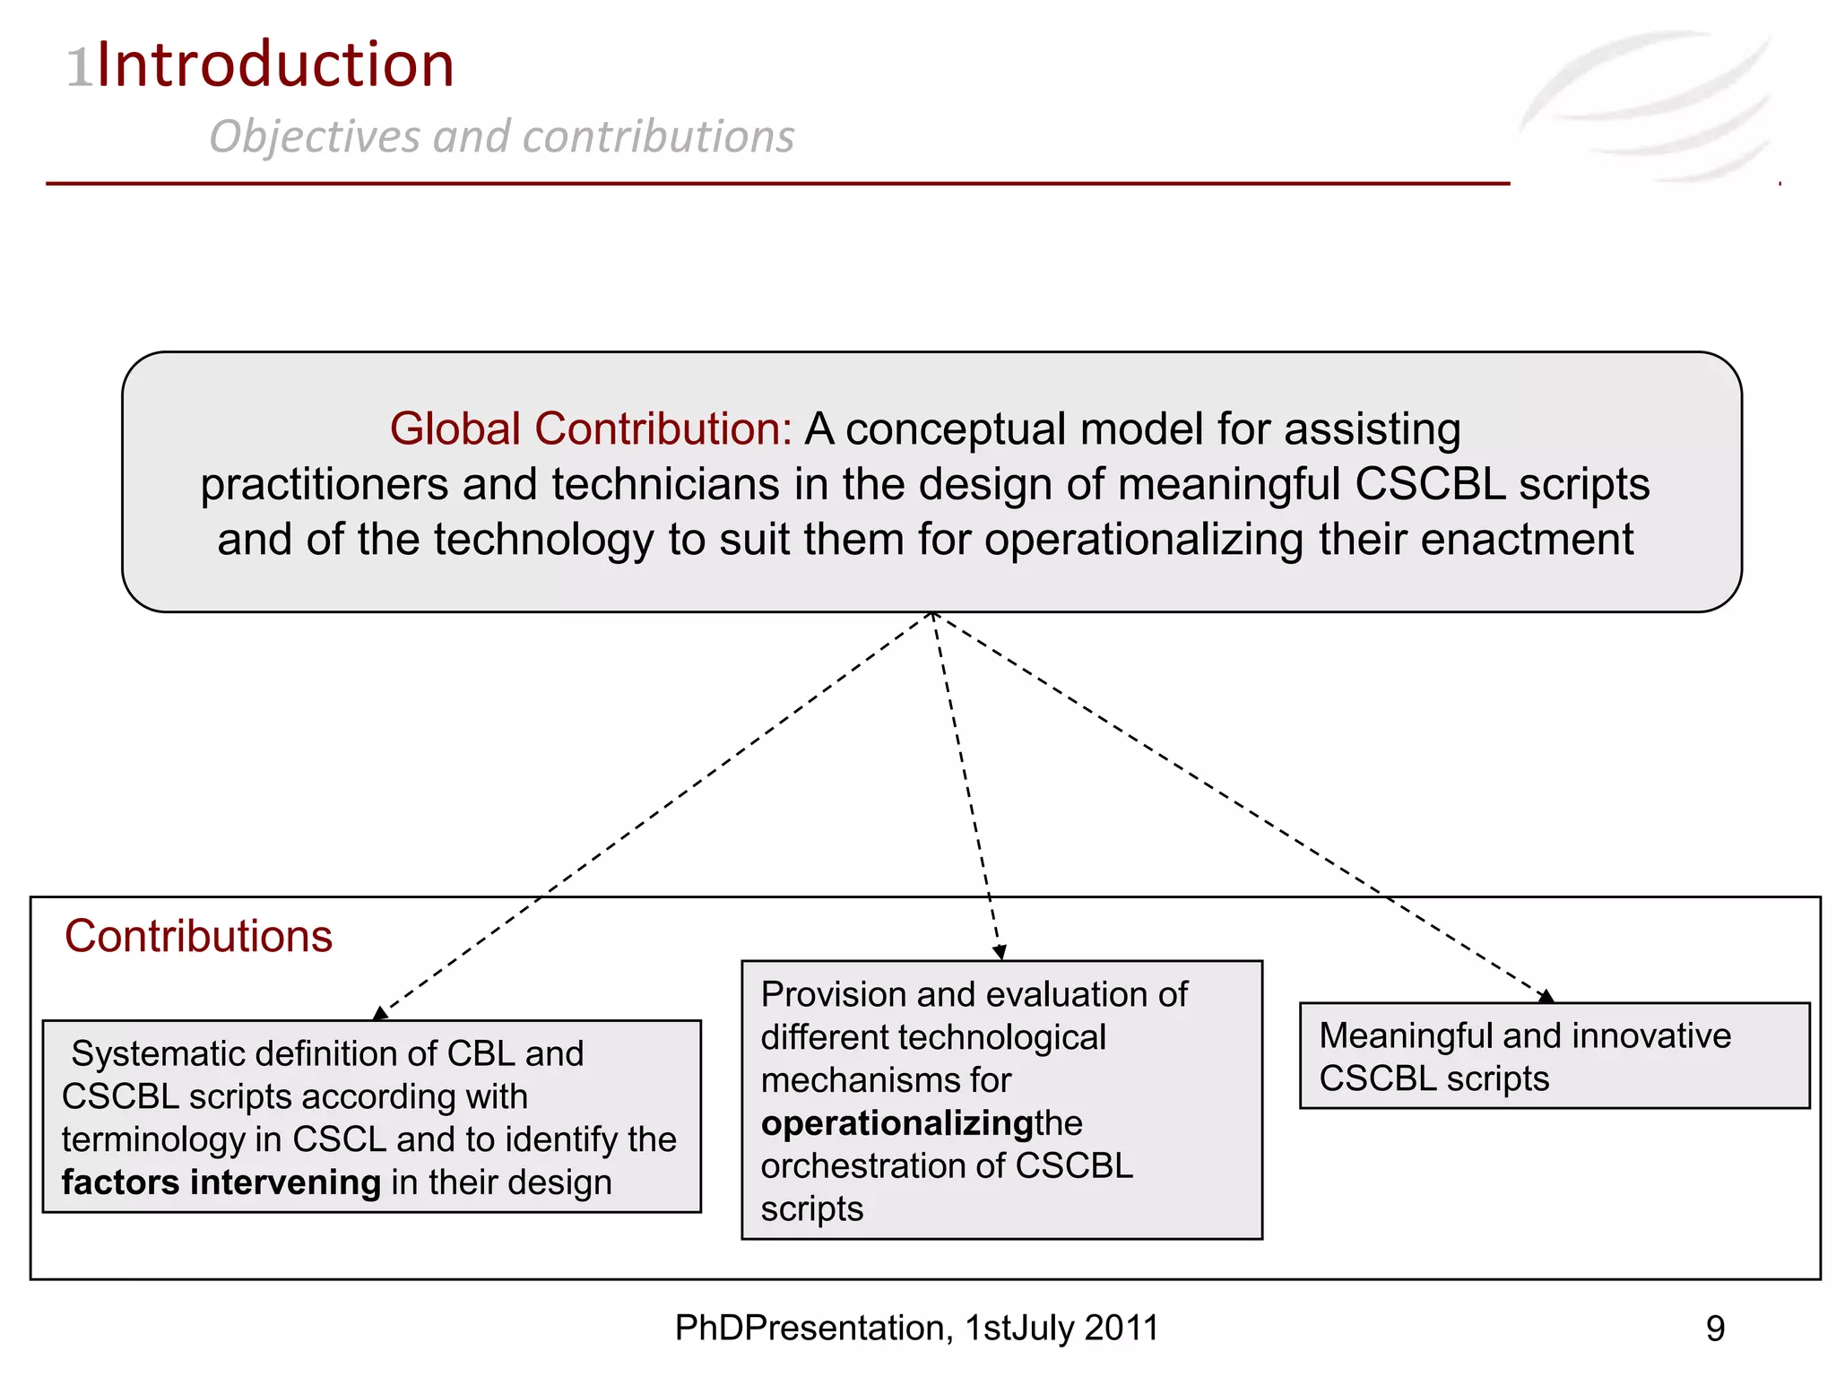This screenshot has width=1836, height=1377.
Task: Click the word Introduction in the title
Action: pos(275,65)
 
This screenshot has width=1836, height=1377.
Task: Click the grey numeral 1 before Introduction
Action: pos(80,68)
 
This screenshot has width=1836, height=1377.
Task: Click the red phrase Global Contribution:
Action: pos(591,429)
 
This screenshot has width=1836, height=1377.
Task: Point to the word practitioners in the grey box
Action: pos(324,484)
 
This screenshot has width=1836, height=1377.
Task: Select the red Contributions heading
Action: pos(198,936)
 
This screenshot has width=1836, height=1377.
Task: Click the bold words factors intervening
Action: pos(221,1182)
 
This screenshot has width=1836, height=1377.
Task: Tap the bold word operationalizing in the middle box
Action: pos(897,1123)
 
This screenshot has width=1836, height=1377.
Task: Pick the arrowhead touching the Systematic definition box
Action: pos(380,1013)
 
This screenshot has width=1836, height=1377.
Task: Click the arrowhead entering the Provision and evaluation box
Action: pos(1000,952)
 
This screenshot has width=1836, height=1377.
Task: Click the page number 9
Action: pos(1715,1329)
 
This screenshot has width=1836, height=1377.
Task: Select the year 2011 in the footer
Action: pos(1122,1329)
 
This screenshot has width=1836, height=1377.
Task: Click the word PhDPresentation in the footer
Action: pos(810,1329)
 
